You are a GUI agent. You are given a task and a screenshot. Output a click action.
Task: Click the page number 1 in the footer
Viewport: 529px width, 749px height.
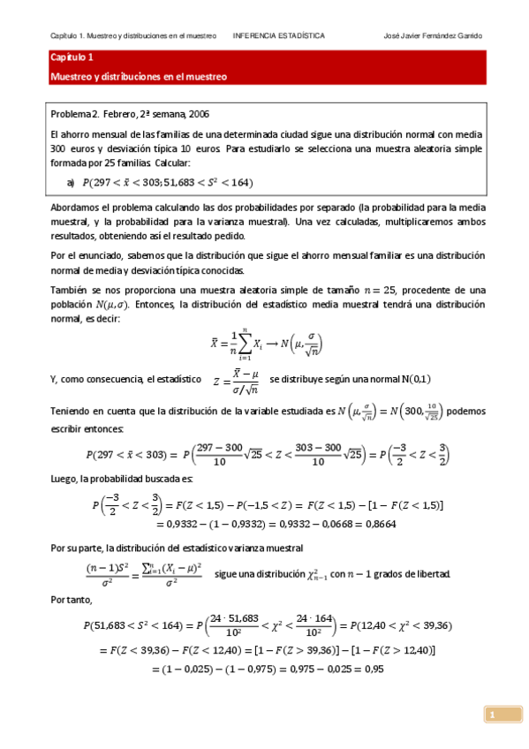(493, 714)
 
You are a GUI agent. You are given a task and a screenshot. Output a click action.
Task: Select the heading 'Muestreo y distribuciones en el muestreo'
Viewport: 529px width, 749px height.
(139, 77)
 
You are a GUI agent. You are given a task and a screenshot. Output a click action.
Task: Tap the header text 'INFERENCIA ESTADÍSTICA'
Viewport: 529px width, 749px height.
(278, 36)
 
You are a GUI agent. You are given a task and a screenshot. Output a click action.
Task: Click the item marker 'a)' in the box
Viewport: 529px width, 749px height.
(71, 183)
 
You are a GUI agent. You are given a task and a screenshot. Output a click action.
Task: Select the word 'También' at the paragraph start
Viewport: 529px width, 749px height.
(68, 290)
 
